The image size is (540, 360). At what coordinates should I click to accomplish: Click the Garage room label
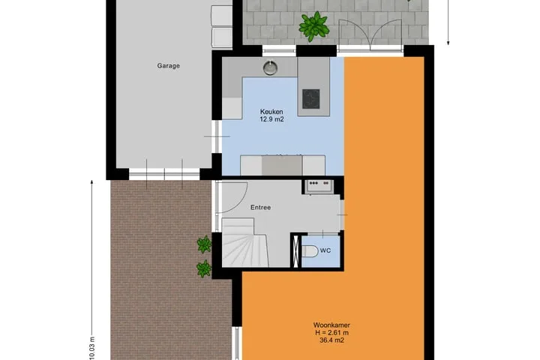[169, 66]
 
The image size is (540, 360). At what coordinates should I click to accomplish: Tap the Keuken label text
[271, 112]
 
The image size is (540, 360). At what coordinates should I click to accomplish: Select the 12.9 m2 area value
[271, 119]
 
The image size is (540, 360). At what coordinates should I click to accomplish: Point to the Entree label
[260, 208]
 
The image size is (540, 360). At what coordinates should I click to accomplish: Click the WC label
[325, 250]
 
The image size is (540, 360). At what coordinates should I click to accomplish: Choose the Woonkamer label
[331, 325]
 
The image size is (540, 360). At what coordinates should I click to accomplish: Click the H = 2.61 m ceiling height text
[331, 333]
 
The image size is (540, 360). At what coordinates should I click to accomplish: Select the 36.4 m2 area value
[331, 340]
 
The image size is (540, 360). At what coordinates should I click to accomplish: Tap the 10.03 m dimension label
[92, 348]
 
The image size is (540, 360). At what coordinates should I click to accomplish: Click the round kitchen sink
[271, 67]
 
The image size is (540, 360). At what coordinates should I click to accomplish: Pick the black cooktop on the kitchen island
[311, 98]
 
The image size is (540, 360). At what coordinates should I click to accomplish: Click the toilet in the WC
[310, 251]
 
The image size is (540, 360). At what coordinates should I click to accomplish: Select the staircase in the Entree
[244, 242]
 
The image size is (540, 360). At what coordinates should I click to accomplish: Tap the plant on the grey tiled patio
[313, 26]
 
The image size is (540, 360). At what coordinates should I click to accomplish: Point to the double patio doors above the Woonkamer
[370, 34]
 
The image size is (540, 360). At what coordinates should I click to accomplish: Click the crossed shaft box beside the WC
[295, 251]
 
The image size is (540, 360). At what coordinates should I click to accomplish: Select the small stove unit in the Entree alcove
[319, 186]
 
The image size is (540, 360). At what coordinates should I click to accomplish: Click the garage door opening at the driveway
[164, 174]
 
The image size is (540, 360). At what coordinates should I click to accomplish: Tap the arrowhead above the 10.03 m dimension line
[92, 182]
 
